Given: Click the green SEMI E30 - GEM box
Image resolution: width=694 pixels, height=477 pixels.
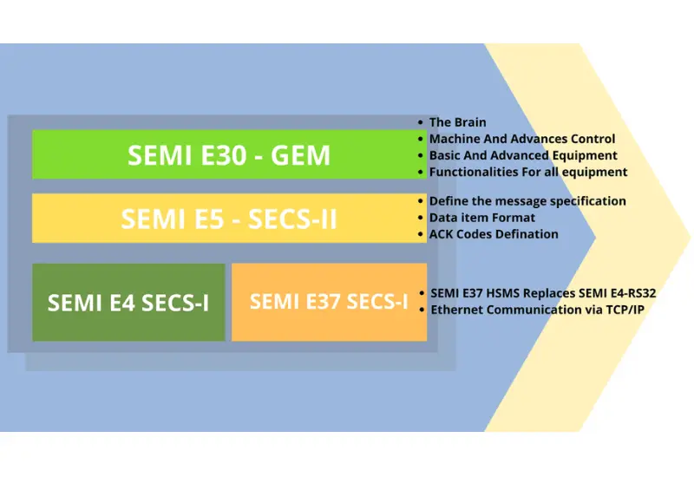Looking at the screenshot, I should pyautogui.click(x=229, y=154).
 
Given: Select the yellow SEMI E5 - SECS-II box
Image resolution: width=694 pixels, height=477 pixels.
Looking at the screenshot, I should pyautogui.click(x=229, y=218).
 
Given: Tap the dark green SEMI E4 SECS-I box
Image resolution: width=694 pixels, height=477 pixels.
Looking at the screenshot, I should pyautogui.click(x=128, y=303).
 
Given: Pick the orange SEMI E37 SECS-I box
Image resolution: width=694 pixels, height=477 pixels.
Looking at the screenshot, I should pyautogui.click(x=329, y=302).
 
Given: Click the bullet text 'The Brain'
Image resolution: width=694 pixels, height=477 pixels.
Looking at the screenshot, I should pyautogui.click(x=457, y=122).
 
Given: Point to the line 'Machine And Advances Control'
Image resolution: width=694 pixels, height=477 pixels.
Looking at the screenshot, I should pyautogui.click(x=522, y=139).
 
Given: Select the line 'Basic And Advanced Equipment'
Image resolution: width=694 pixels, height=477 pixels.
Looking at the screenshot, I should pyautogui.click(x=523, y=155).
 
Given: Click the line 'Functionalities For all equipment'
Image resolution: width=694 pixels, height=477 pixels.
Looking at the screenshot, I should pyautogui.click(x=528, y=172).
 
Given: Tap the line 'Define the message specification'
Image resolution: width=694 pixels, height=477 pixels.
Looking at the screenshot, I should pyautogui.click(x=527, y=201).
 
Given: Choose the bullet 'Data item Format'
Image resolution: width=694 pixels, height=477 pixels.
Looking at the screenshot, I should pyautogui.click(x=482, y=218).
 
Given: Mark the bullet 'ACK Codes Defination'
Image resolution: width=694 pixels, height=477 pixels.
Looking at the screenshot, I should pyautogui.click(x=494, y=234).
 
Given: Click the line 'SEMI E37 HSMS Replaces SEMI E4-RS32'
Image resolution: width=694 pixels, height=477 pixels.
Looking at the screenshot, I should pyautogui.click(x=543, y=293).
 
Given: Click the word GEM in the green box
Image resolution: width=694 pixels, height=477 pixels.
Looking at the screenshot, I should pyautogui.click(x=300, y=155).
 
